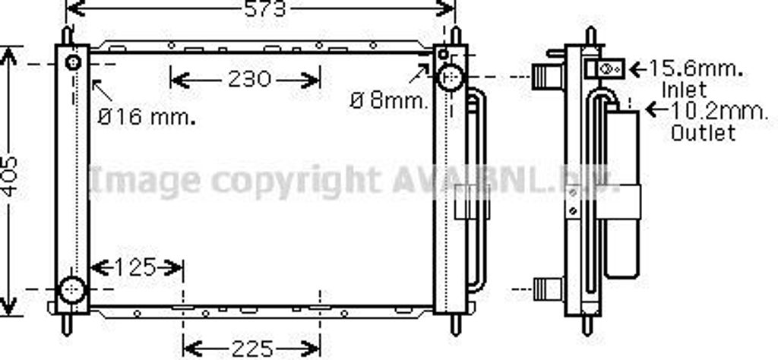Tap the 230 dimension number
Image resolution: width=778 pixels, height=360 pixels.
(248, 79)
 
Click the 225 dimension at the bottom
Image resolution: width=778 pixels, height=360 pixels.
(251, 349)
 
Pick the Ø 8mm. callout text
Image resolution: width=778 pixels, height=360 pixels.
(390, 100)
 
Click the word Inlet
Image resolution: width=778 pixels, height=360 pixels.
(684, 90)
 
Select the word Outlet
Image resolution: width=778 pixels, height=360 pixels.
(704, 133)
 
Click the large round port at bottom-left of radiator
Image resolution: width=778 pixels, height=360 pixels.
(72, 289)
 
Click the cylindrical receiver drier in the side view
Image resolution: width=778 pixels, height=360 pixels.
(622, 194)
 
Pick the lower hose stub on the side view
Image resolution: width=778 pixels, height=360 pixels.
(546, 288)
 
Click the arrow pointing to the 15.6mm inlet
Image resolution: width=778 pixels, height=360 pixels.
(636, 68)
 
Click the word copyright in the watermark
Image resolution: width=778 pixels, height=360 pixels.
(296, 181)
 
